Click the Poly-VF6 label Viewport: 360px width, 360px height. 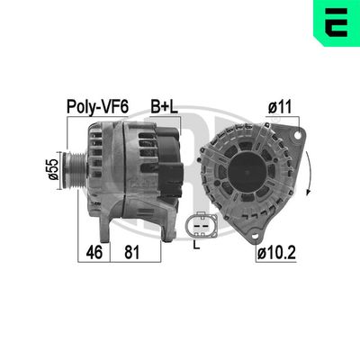click(98, 105)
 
